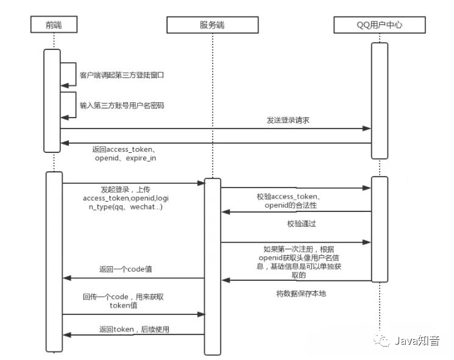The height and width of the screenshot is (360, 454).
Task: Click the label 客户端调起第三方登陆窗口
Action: point(122,76)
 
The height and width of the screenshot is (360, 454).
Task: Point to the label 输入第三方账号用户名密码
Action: point(122,105)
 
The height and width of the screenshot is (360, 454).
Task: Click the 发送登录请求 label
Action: point(289,121)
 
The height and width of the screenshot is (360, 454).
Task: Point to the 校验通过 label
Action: point(301,224)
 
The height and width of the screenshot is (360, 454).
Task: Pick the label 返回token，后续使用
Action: point(133,329)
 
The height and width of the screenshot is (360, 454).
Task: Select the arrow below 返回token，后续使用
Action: point(133,334)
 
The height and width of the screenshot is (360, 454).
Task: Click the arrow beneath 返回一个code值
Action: point(133,278)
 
